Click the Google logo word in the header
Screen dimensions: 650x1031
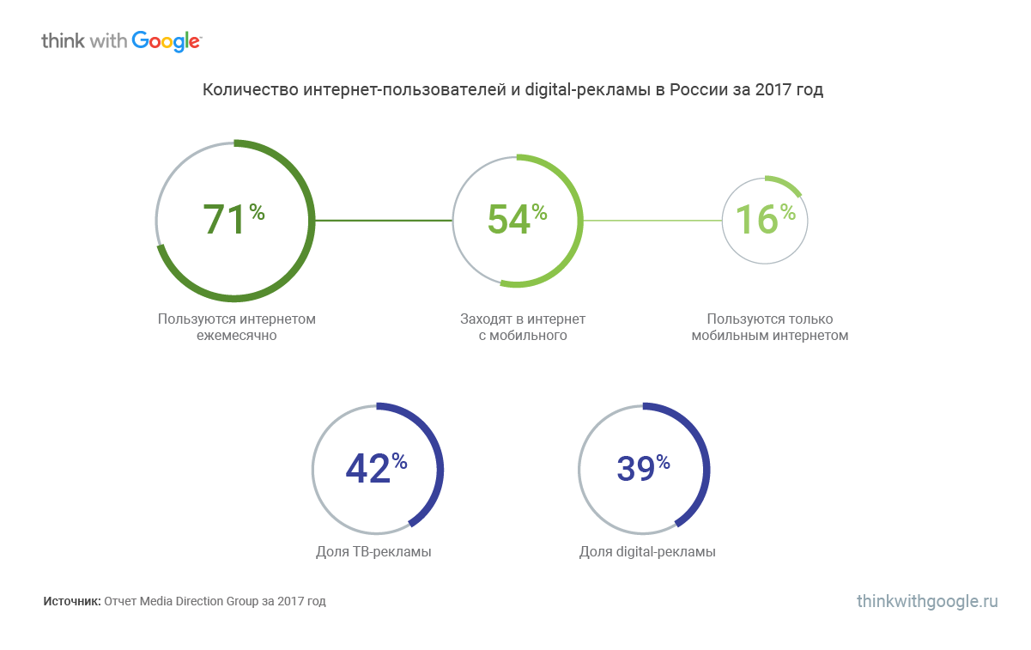pos(167,41)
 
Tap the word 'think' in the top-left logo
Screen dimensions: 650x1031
pos(63,40)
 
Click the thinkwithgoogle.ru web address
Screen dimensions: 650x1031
pos(927,601)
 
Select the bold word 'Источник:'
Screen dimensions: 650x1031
pos(72,602)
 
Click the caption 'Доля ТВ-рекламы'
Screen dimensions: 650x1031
pos(373,551)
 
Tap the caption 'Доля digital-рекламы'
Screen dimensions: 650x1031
pos(647,551)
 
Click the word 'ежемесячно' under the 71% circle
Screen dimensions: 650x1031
pos(236,336)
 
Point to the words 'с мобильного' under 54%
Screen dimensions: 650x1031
pos(523,336)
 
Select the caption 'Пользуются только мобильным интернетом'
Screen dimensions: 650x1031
pos(769,327)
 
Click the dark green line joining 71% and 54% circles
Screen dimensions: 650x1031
pos(383,221)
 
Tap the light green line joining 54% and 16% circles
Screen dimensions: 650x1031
pos(652,221)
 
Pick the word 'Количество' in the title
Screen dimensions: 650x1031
pos(250,90)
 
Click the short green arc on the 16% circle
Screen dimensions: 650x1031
pos(785,183)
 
